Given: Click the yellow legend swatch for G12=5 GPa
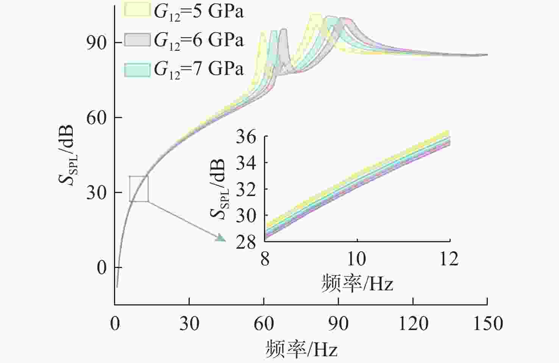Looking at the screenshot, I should [137, 10].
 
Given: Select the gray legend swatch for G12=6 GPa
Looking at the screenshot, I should [137, 39].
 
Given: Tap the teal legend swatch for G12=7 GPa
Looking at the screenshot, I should [137, 69].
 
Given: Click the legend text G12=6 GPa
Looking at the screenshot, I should [198, 40].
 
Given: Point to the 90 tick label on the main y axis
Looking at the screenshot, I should [96, 42].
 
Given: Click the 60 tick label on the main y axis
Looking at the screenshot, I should [96, 118].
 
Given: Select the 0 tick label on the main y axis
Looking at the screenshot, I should [102, 268].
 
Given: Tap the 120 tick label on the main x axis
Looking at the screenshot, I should [413, 324].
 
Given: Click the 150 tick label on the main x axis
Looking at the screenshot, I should [487, 324].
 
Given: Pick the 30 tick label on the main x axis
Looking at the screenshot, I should [189, 324].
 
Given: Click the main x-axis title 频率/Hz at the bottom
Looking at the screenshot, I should [301, 349].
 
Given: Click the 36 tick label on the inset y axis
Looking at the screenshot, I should [246, 137].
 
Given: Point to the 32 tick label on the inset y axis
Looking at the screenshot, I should [246, 189].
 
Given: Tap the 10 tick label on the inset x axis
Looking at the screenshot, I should [357, 259].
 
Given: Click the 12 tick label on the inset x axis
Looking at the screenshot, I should [449, 259].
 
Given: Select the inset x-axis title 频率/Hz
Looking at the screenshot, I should [357, 283].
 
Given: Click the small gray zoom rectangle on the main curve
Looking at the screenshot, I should [139, 189].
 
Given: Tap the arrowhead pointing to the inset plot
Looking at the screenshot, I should [220, 238].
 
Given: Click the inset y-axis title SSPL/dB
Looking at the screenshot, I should [219, 189].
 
